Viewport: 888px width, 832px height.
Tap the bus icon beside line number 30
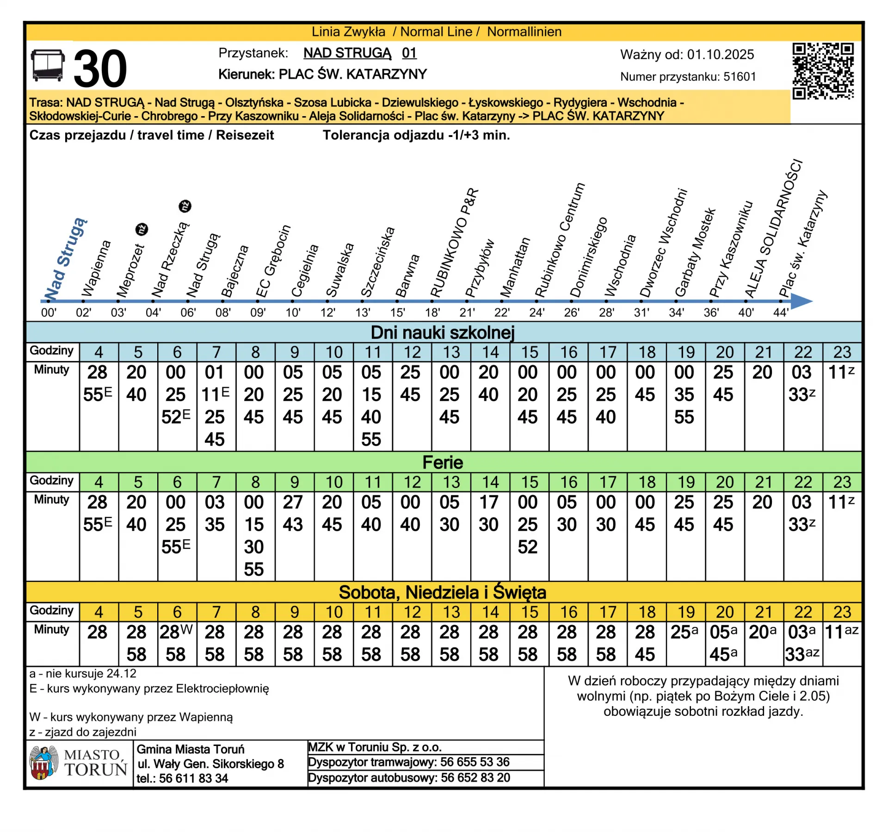(48, 66)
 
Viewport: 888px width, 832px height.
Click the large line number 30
(100, 68)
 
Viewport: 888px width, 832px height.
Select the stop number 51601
(740, 77)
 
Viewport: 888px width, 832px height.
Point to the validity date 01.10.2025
(720, 55)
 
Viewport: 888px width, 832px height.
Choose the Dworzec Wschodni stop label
(663, 242)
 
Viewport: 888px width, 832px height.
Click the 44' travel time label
(781, 313)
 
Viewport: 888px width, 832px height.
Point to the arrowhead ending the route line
(802, 301)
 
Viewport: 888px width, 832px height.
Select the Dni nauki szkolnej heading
(443, 332)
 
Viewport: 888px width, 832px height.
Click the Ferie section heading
(443, 462)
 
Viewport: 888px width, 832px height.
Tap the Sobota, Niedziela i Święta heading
(443, 592)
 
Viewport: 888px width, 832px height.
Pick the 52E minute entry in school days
(176, 417)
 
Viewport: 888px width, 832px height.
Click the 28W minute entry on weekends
(176, 632)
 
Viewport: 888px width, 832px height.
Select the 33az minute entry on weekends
(802, 654)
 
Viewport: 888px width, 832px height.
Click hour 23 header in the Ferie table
(842, 482)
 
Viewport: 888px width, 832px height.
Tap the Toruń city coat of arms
(43, 763)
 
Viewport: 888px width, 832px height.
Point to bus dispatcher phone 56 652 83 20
(475, 778)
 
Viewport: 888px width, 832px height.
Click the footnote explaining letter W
(131, 717)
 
